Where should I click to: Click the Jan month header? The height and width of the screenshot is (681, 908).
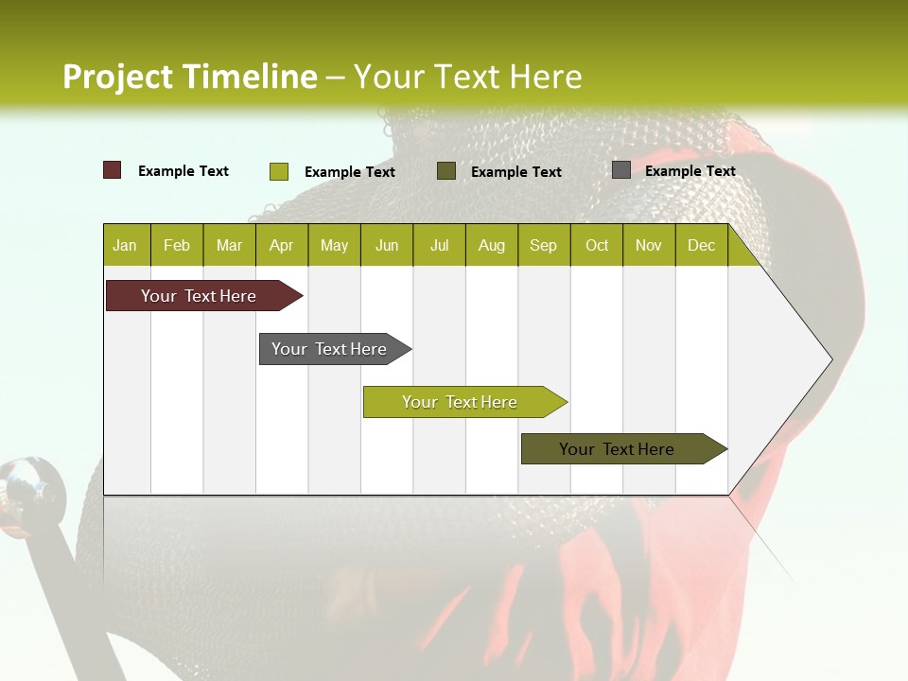pos(125,246)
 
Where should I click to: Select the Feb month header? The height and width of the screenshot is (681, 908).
pos(177,246)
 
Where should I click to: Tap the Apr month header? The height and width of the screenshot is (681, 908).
pos(281,246)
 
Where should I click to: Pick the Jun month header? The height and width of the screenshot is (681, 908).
pos(387,246)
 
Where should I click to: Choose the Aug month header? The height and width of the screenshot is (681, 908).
pos(491,246)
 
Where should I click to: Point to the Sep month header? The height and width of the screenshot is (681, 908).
pos(543,246)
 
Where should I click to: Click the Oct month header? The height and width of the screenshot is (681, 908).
pos(597,246)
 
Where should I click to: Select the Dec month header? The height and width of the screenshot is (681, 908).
pos(701,246)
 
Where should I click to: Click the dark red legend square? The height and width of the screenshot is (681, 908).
pos(113,170)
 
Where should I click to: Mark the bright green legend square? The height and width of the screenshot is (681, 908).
pos(279,171)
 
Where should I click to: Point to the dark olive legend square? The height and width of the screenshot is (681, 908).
pos(446,171)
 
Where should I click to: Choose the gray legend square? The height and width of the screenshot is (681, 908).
pos(621,170)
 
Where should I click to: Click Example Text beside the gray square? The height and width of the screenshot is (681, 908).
pos(690,171)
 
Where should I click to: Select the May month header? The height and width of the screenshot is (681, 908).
pos(334,246)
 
